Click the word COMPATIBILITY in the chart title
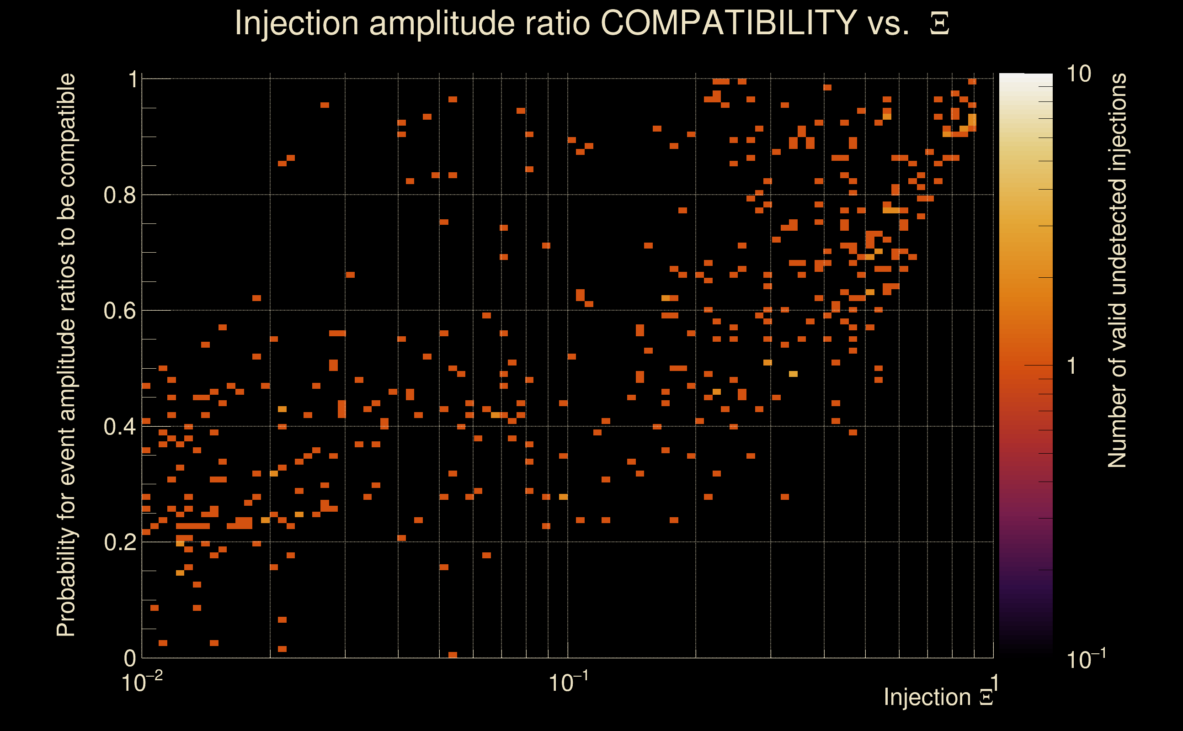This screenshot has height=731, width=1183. pyautogui.click(x=728, y=23)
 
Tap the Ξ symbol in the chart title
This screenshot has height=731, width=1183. pyautogui.click(x=939, y=24)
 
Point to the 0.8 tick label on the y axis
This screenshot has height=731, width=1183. pyautogui.click(x=120, y=196)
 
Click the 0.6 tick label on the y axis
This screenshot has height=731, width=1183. pyautogui.click(x=120, y=310)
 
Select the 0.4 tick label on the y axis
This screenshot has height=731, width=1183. pyautogui.click(x=120, y=426)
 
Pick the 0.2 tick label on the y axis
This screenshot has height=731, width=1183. pyautogui.click(x=120, y=542)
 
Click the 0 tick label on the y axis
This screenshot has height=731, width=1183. pyautogui.click(x=130, y=658)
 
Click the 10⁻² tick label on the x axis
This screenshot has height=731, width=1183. pyautogui.click(x=142, y=683)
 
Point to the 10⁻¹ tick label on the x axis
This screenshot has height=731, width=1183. pyautogui.click(x=568, y=683)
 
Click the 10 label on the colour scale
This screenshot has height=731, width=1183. pyautogui.click(x=1078, y=74)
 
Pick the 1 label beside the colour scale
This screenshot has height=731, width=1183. pyautogui.click(x=1072, y=366)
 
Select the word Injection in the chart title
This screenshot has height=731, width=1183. pyautogui.click(x=296, y=23)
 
